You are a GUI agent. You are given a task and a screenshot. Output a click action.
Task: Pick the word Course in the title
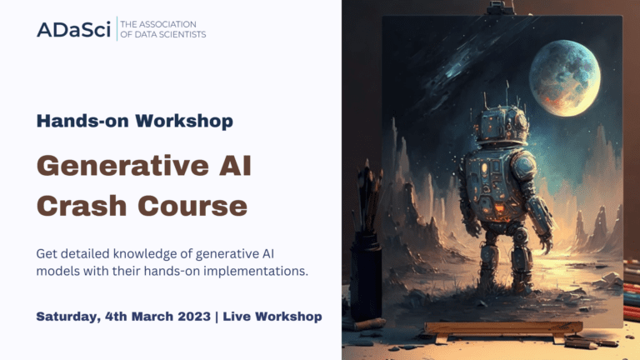(191, 205)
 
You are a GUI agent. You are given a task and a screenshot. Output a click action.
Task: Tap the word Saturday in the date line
(70, 317)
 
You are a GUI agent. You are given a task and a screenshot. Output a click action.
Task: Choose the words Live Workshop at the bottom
(277, 317)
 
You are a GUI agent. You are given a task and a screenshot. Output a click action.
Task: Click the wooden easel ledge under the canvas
(502, 327)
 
